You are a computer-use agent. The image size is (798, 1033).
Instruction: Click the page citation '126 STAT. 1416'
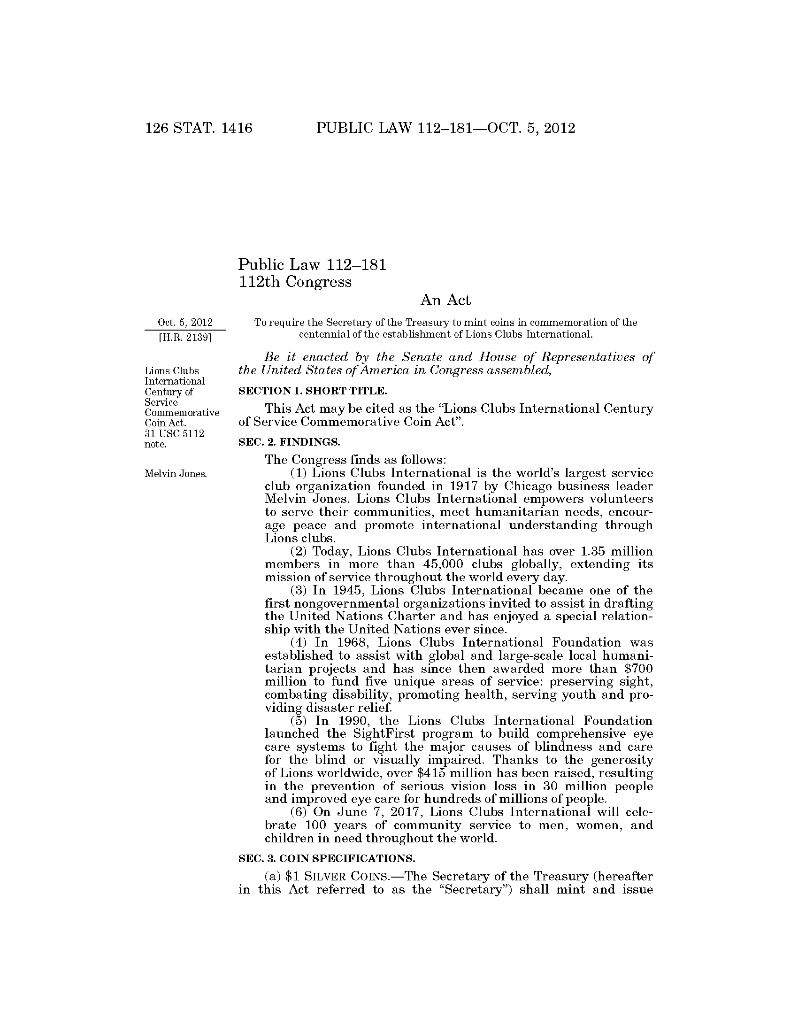[x=199, y=129]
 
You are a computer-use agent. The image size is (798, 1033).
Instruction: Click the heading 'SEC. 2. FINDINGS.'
[x=289, y=442]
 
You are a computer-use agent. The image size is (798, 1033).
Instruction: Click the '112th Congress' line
[x=295, y=282]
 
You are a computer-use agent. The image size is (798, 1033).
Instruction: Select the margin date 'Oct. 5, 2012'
[x=185, y=323]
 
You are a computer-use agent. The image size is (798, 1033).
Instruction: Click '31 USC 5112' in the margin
[x=175, y=434]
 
